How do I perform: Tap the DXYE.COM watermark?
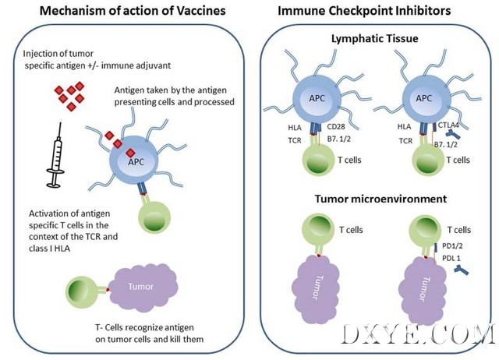(x=419, y=336)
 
